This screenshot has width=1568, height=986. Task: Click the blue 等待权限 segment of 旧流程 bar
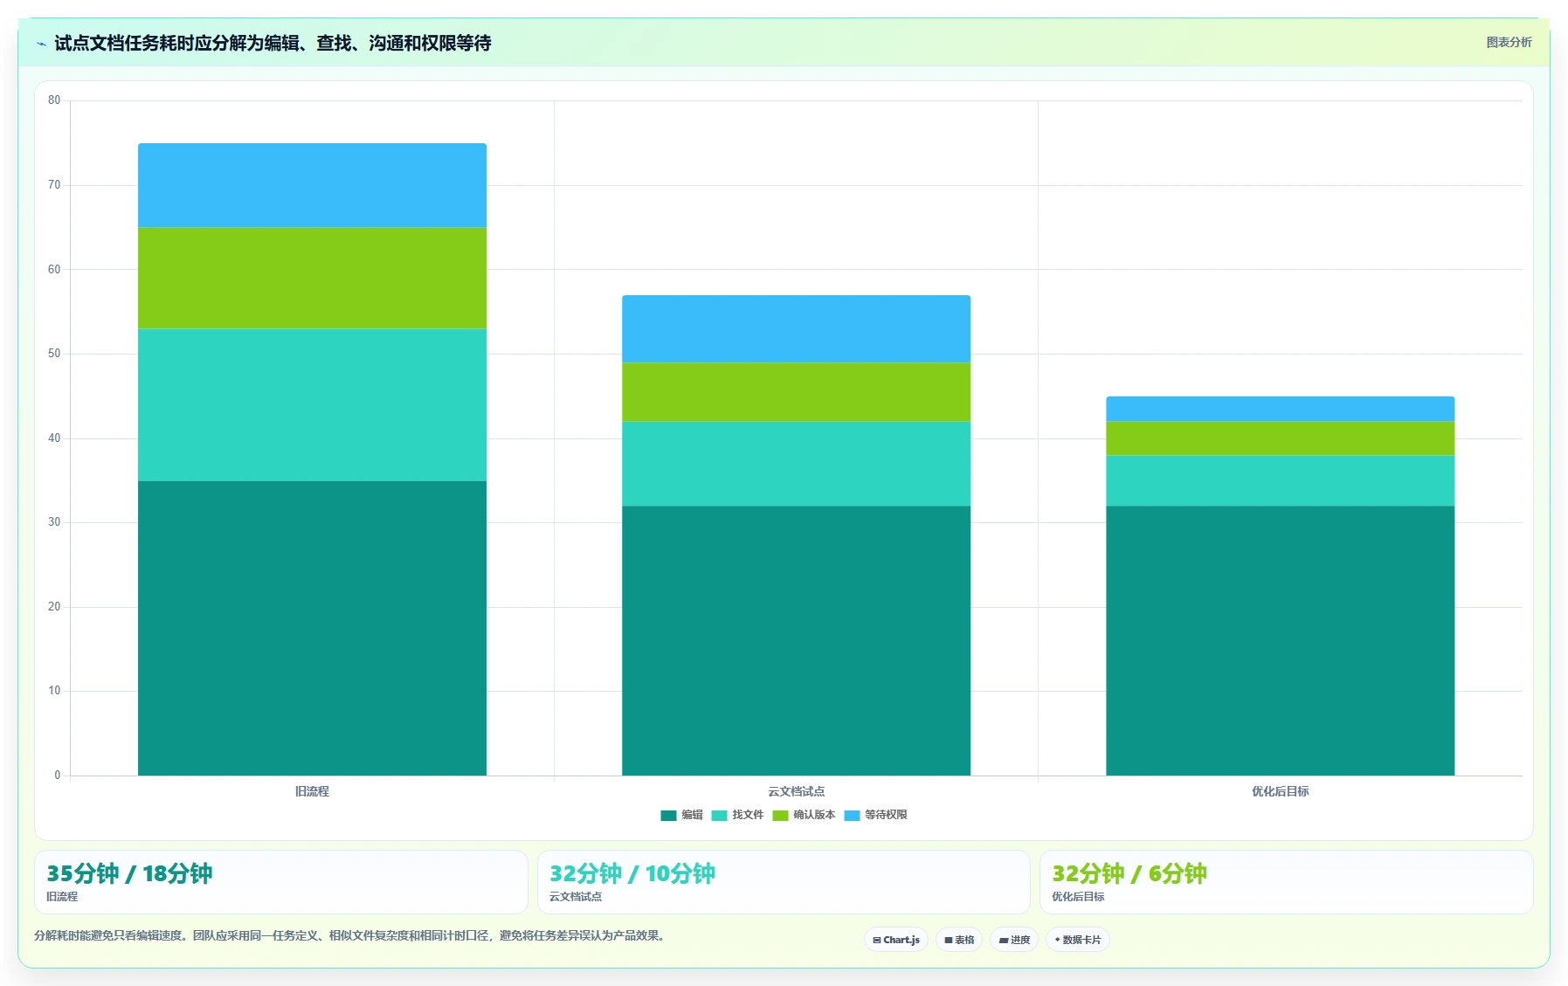tap(312, 185)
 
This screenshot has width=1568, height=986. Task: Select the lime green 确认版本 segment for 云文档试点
tap(796, 392)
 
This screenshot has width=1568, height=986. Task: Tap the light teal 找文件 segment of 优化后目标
tap(1280, 481)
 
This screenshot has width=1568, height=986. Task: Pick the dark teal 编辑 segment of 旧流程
tap(312, 628)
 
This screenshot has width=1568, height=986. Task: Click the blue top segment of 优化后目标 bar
tap(1280, 409)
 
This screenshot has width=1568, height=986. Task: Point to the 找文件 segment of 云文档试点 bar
tap(796, 464)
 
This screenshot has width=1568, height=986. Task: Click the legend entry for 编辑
tap(681, 815)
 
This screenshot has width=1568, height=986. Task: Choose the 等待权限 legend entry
tap(875, 815)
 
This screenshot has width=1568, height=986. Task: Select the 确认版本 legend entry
tap(804, 815)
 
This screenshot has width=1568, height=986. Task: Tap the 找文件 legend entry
tap(737, 815)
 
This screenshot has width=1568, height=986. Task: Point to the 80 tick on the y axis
tap(54, 100)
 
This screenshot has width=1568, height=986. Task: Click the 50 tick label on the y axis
tap(54, 354)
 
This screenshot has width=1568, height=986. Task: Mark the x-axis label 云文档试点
tap(796, 791)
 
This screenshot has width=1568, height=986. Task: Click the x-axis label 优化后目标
tap(1280, 791)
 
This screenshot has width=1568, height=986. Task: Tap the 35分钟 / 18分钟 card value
tap(129, 873)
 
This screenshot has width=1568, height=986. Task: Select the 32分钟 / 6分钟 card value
tap(1129, 873)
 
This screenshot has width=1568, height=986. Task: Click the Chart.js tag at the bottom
tap(896, 940)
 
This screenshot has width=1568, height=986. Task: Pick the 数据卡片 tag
tap(1078, 940)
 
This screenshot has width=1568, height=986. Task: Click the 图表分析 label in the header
tap(1509, 42)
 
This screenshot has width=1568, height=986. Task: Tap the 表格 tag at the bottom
tap(959, 940)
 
